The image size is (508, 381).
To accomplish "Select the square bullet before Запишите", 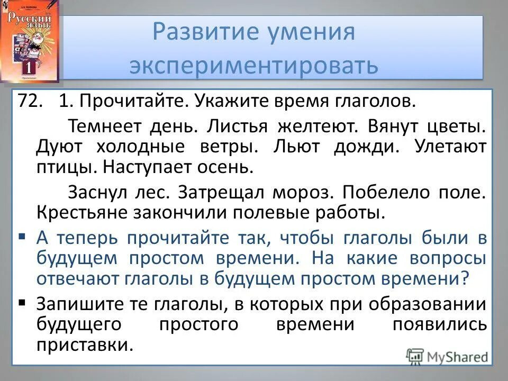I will (21, 303).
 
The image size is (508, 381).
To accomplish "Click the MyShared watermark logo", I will (447, 356).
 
